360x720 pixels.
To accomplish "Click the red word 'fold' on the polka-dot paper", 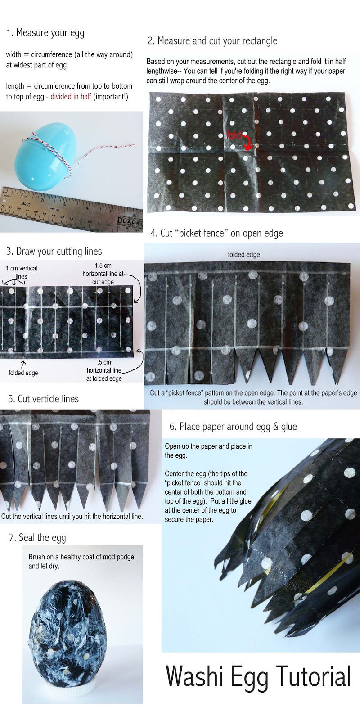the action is [234, 135].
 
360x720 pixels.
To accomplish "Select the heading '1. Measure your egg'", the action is [45, 33].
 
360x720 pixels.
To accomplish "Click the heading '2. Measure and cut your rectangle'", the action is [212, 41].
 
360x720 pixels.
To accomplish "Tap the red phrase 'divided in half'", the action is [71, 96].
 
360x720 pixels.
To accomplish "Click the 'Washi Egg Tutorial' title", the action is [258, 676].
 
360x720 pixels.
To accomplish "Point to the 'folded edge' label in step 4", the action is [243, 255].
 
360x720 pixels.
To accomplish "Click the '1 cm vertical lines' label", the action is [21, 272].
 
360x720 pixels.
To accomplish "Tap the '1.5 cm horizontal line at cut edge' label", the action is [103, 274].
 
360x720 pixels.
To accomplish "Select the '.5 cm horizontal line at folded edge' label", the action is [104, 370].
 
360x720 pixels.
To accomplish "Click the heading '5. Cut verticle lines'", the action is [43, 399].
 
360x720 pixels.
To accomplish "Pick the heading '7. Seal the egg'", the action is [37, 538].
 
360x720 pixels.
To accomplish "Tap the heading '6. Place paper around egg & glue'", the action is [233, 427].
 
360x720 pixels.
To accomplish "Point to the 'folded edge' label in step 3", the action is [23, 373].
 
